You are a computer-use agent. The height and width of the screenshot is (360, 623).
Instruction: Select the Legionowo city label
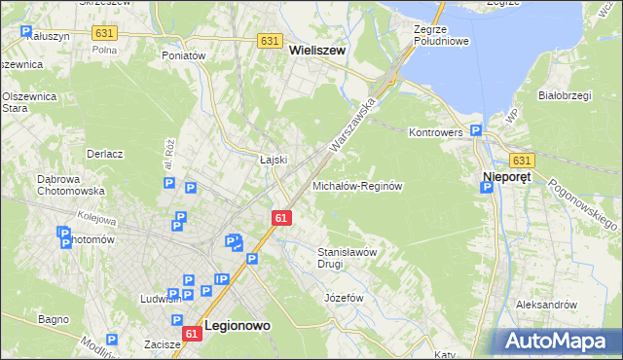pyautogui.click(x=238, y=328)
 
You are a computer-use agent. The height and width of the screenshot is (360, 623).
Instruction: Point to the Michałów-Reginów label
pyautogui.click(x=356, y=185)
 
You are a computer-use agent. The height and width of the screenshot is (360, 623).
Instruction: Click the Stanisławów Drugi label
pyautogui.click(x=348, y=258)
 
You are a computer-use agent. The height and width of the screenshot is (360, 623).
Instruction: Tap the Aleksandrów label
pyautogui.click(x=546, y=305)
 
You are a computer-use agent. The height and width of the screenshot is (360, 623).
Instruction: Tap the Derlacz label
pyautogui.click(x=104, y=154)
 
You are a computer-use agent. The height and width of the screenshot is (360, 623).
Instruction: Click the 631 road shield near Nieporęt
pyautogui.click(x=522, y=161)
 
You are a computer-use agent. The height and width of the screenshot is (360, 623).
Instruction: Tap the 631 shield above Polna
pyautogui.click(x=104, y=33)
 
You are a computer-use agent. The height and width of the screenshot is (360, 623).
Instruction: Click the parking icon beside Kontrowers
pyautogui.click(x=476, y=130)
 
